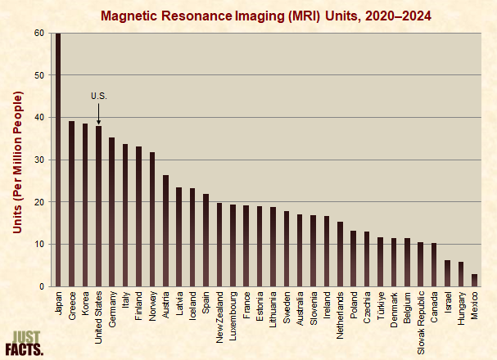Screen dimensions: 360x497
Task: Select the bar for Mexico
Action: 474,280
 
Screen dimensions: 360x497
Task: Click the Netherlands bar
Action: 341,254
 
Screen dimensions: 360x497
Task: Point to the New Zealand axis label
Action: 219,316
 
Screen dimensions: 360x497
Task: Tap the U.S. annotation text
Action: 98,97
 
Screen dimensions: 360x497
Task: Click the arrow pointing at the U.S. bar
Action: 98,115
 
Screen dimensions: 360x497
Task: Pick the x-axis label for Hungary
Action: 461,308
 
